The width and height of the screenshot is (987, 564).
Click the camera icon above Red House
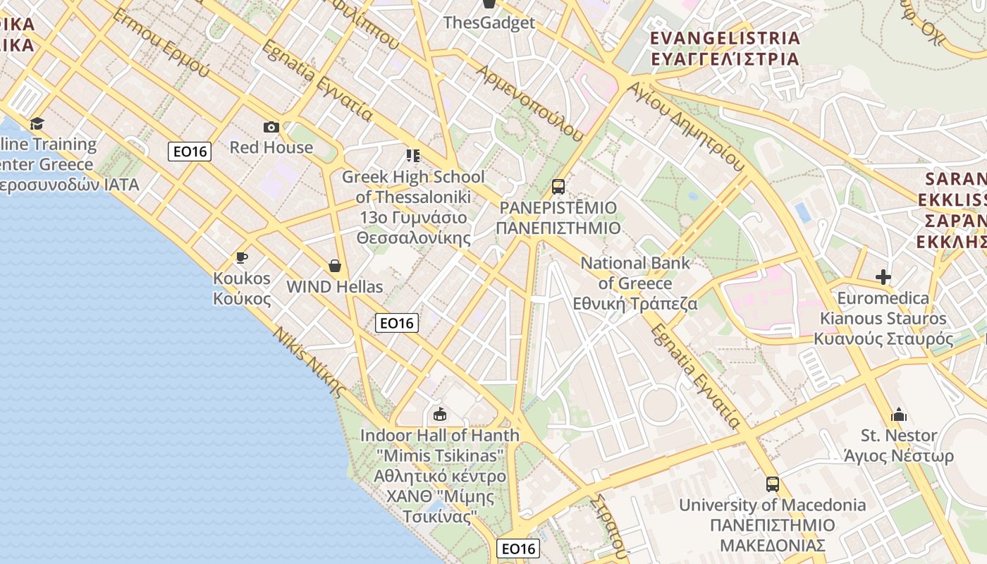click(271, 127)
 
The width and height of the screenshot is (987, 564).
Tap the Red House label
click(271, 147)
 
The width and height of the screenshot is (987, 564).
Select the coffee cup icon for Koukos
click(242, 257)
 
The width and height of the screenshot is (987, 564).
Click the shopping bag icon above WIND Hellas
click(335, 266)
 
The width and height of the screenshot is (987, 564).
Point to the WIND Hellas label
click(335, 287)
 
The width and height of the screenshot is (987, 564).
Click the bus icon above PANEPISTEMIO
click(558, 187)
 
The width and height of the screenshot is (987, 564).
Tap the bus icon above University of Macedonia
click(773, 484)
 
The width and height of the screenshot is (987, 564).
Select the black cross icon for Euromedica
click(883, 277)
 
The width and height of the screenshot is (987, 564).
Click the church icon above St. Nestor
click(899, 415)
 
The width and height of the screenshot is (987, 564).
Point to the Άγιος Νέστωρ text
click(899, 456)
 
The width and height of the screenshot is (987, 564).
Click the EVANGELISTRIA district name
click(725, 38)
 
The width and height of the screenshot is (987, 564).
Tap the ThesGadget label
click(489, 23)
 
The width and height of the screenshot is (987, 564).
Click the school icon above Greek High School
click(413, 155)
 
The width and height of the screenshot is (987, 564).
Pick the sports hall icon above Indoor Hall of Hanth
click(440, 414)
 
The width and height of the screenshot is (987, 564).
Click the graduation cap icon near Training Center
click(37, 124)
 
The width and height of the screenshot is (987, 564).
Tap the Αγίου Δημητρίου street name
click(687, 127)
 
